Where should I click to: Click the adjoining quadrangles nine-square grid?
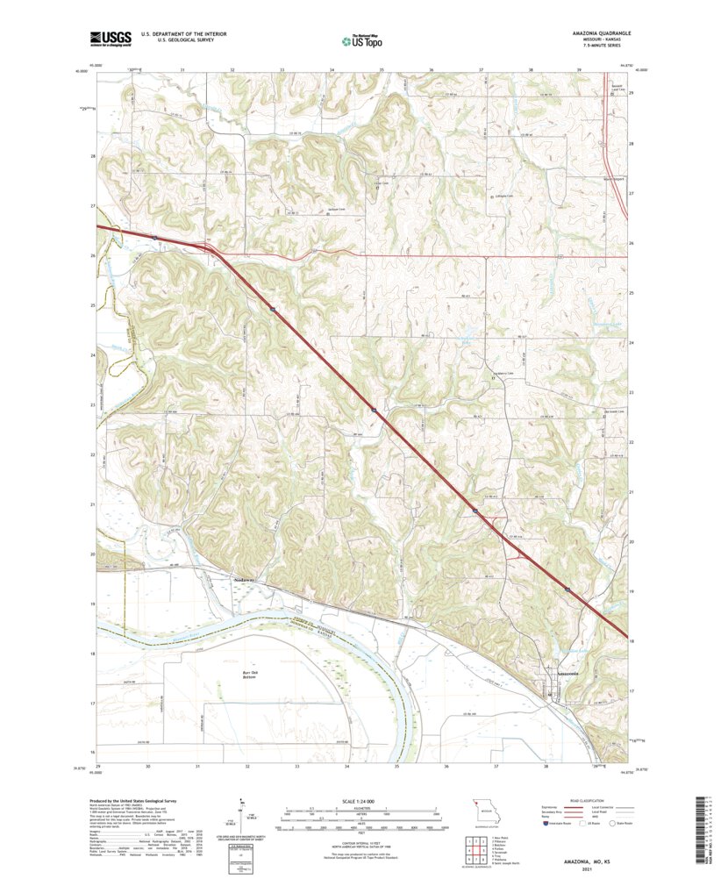[474, 848]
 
